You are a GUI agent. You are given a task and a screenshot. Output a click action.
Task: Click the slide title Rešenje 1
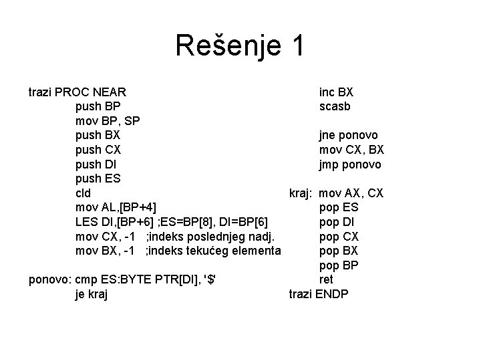point(240,46)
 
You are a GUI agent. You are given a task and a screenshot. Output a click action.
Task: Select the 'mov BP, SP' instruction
point(107,120)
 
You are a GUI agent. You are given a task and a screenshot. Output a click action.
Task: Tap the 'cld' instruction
point(84,193)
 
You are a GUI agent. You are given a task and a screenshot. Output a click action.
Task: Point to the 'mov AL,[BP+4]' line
point(117,207)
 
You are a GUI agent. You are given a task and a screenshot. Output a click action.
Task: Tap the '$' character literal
point(212,280)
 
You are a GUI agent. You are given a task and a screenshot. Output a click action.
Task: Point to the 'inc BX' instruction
point(336,92)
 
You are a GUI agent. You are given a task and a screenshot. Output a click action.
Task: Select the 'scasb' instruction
point(335,106)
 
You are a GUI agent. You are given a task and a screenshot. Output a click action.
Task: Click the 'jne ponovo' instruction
point(347,135)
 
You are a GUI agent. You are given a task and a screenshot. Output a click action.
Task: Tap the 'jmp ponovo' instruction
point(350,164)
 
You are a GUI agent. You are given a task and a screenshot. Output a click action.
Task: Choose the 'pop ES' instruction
point(339,208)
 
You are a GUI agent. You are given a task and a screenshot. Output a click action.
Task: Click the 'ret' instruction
point(327,280)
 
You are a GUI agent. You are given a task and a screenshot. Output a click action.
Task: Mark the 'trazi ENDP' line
point(319,295)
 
